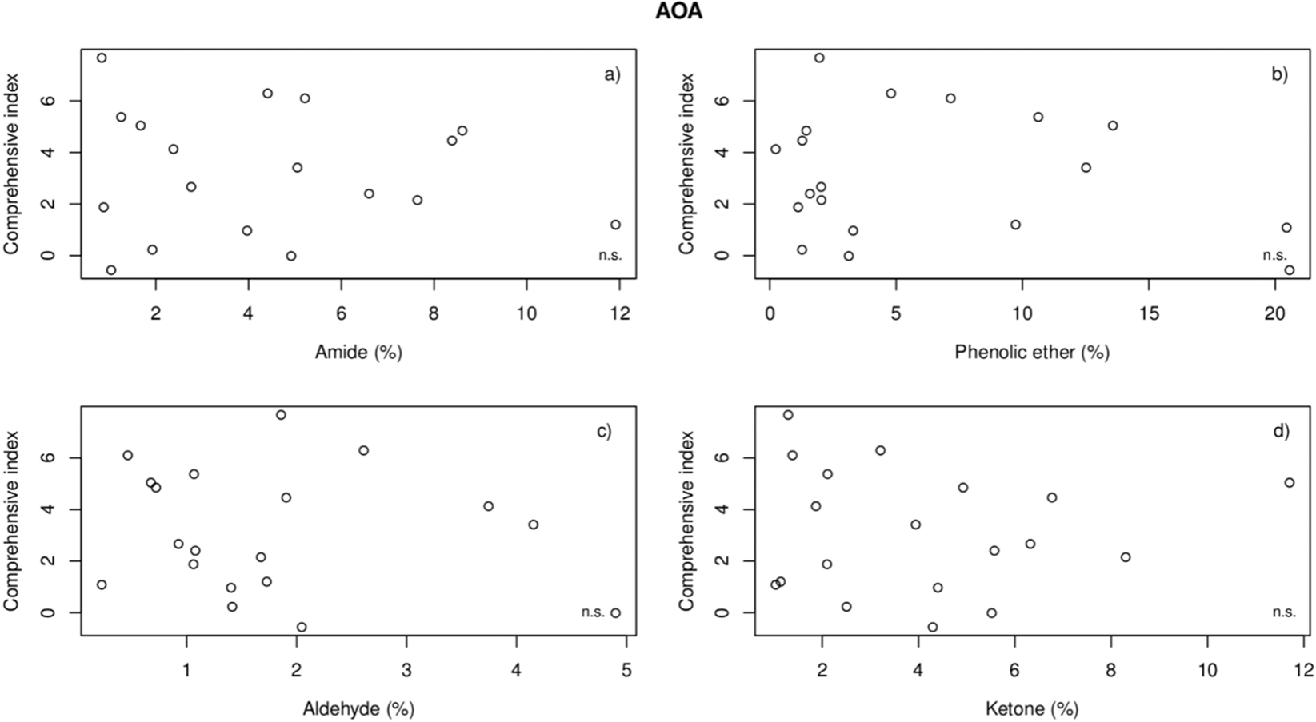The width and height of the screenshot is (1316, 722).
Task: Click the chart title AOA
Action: pos(678,12)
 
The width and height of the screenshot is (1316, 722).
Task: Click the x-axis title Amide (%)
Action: pos(358,352)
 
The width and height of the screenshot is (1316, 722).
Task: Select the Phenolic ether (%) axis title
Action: pos(1031,352)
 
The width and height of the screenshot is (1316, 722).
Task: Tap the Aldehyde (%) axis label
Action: pos(358,708)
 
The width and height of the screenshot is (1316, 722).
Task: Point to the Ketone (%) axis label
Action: pos(1031,708)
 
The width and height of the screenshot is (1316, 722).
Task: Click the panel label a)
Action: pos(612,75)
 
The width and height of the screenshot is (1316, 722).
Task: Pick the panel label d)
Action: pos(1281,432)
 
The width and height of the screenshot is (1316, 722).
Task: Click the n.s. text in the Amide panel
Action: pos(610,256)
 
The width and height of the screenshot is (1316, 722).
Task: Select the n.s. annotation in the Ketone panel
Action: pos(1284,612)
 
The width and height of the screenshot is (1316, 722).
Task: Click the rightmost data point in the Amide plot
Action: pos(615,225)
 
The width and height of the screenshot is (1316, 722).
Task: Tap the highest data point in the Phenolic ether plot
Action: pos(819,58)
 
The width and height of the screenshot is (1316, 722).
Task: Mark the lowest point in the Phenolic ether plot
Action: pos(1289,270)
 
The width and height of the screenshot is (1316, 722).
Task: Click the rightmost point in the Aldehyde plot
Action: pos(615,613)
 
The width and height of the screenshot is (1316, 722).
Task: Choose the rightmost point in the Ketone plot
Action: pos(1289,483)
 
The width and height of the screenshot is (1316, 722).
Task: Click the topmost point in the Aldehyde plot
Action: pos(281,415)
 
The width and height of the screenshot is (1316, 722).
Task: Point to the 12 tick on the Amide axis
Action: pos(618,313)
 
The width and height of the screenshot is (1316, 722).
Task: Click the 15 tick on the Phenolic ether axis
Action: pos(1148,313)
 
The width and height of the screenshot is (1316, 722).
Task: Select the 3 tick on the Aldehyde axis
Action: pos(406,670)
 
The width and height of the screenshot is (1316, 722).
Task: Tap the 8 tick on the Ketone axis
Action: pos(1110,670)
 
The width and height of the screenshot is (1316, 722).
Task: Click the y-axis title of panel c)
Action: pos(12,521)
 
